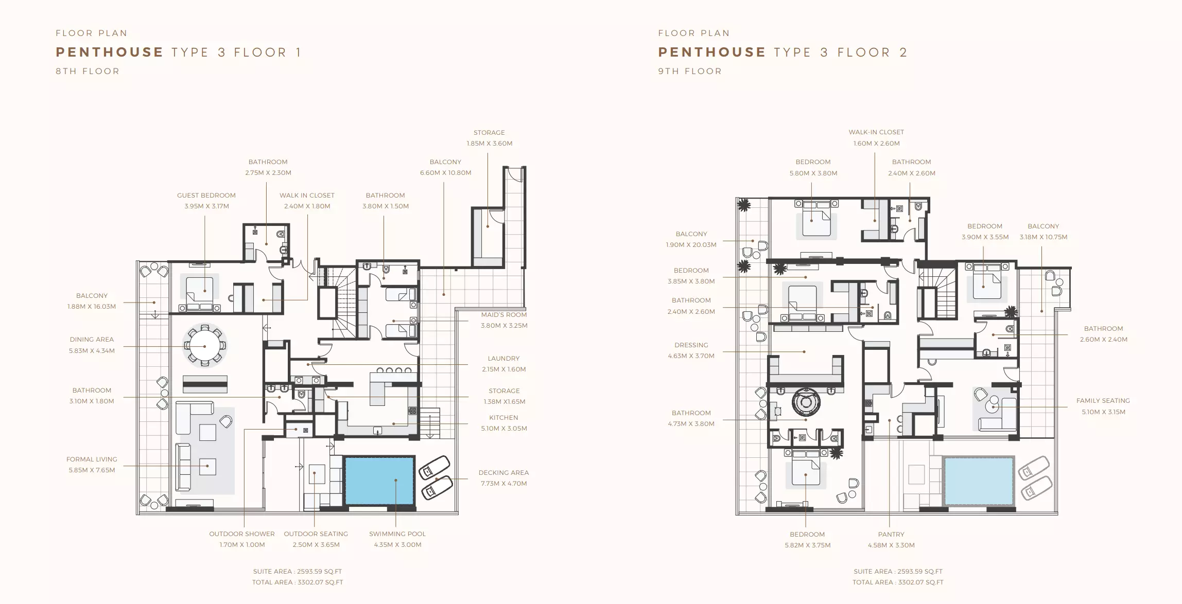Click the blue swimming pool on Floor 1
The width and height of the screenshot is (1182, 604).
pos(379,481)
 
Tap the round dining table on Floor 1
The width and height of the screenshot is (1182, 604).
pos(205,345)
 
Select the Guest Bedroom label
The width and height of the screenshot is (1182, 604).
pos(206,196)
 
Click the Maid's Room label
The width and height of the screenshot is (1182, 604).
pos(504,315)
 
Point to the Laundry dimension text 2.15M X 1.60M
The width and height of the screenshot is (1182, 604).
pos(504,369)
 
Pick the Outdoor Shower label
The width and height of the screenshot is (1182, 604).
pos(242,534)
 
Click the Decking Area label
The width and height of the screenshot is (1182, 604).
pos(503,473)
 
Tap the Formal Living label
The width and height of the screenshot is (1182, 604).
pos(92,459)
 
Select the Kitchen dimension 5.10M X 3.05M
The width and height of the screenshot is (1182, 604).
pos(504,429)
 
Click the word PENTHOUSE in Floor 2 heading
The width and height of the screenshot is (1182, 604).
pos(712,52)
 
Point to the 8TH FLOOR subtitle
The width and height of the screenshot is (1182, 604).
pos(88,72)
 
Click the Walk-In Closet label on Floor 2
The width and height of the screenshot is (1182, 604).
pos(876,132)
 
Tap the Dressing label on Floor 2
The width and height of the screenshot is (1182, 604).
pos(691,345)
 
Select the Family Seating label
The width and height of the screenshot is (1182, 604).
pos(1103,401)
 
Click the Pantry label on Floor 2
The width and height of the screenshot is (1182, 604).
pos(891,535)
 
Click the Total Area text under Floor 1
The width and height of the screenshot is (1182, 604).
pos(298,582)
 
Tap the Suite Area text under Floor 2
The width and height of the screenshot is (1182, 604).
pos(898,572)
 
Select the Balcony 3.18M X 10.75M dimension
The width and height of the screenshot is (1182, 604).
pos(1044,238)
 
